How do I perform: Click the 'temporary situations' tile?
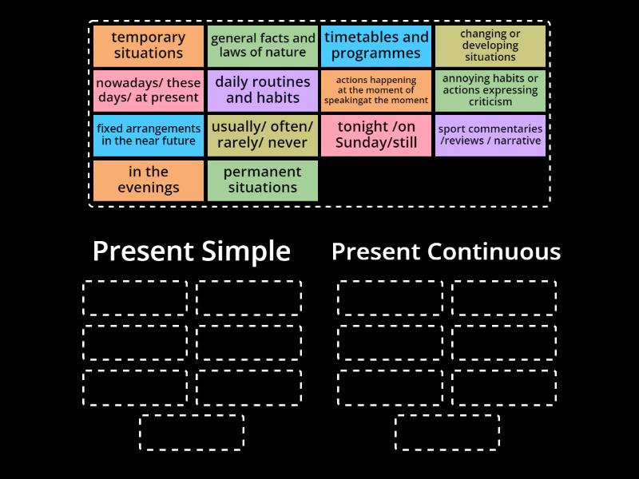(x=148, y=46)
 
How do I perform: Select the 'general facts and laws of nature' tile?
(x=263, y=46)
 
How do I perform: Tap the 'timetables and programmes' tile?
(x=376, y=46)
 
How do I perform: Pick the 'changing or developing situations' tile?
(x=490, y=46)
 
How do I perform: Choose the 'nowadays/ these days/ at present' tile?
(x=148, y=90)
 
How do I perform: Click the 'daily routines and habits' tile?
(x=263, y=90)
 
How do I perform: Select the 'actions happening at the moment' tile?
(x=376, y=90)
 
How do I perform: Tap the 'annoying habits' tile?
(x=490, y=90)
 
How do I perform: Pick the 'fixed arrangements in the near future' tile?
(x=148, y=135)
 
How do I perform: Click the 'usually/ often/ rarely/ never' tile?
(x=263, y=135)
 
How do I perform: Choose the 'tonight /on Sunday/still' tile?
(x=376, y=135)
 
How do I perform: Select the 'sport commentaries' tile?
(x=490, y=135)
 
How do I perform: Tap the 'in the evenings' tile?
(x=148, y=180)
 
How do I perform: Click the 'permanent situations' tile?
(x=263, y=180)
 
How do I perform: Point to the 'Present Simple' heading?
(x=192, y=251)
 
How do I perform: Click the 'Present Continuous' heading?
(x=446, y=251)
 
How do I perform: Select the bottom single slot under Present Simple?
(x=192, y=432)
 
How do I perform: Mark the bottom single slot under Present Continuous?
(x=447, y=432)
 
